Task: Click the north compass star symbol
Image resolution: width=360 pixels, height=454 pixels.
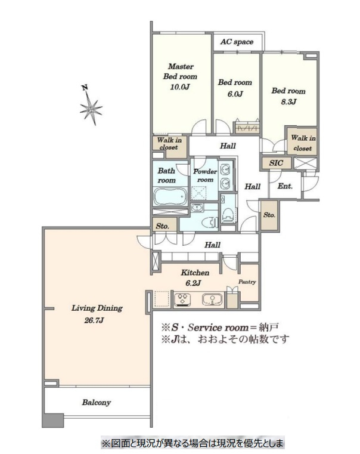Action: pyautogui.click(x=91, y=109)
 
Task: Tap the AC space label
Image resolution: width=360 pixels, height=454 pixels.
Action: pyautogui.click(x=237, y=42)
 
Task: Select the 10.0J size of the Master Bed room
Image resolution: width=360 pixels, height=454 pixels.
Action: pyautogui.click(x=179, y=87)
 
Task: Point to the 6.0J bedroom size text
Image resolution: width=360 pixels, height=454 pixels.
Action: pyautogui.click(x=235, y=94)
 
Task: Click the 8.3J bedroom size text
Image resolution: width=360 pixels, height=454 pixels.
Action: pyautogui.click(x=288, y=102)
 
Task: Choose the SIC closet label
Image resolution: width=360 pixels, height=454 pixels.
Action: pyautogui.click(x=276, y=163)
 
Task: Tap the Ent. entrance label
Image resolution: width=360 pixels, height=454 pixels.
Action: pyautogui.click(x=285, y=186)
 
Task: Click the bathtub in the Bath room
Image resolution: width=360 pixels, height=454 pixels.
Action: pyautogui.click(x=170, y=197)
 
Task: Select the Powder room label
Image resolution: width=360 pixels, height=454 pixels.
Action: pyautogui.click(x=205, y=175)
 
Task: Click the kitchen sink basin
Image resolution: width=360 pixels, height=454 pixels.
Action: pyautogui.click(x=213, y=299)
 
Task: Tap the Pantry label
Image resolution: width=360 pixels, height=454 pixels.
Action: pyautogui.click(x=247, y=282)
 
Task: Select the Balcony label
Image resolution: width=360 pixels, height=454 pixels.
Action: pyautogui.click(x=97, y=403)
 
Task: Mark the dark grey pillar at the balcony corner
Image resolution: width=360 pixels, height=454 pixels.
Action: pyautogui.click(x=52, y=421)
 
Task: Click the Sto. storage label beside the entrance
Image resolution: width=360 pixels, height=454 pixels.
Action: pyautogui.click(x=269, y=215)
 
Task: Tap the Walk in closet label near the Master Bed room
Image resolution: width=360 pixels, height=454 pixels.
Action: pyautogui.click(x=169, y=144)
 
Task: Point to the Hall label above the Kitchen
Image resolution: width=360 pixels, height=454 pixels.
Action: pyautogui.click(x=213, y=245)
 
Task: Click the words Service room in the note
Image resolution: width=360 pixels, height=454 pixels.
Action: pyautogui.click(x=218, y=328)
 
